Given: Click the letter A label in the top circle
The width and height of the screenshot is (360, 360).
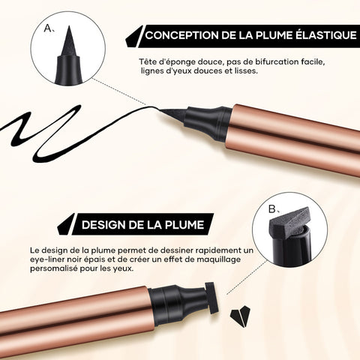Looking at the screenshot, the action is point(48,28).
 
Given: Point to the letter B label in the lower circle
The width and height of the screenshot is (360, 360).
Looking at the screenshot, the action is point(273,209).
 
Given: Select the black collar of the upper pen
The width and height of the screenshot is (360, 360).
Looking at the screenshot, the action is point(208,123).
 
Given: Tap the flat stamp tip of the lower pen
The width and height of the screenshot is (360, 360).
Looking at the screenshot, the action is point(210,298).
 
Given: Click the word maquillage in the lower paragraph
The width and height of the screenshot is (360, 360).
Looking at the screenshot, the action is point(218,259).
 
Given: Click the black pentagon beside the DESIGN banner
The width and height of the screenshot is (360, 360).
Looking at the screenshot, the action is point(65,225).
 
